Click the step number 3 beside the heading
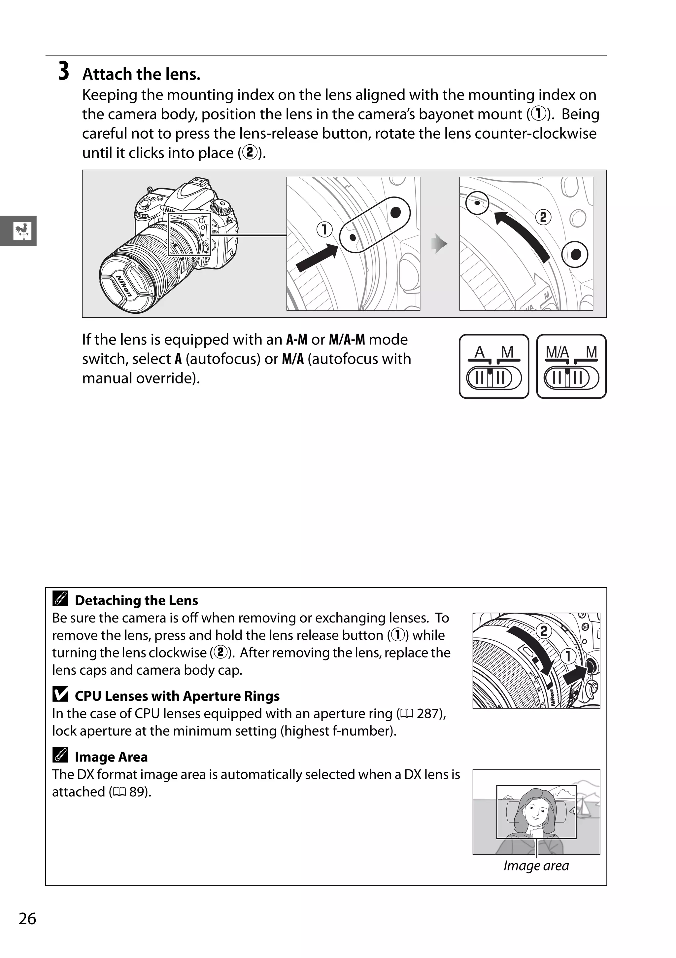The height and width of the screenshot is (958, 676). click(63, 71)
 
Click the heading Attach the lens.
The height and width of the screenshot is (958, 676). click(141, 74)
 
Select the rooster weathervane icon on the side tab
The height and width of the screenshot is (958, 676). click(22, 231)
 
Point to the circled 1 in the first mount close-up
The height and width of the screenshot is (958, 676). click(324, 230)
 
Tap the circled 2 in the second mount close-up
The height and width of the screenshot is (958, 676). click(543, 217)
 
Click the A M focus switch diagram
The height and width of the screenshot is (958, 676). click(494, 366)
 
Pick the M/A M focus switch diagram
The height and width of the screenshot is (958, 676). click(571, 366)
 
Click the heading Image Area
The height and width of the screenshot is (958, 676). click(111, 757)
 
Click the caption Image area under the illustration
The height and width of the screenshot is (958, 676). click(536, 866)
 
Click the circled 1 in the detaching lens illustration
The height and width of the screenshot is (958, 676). click(568, 656)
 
